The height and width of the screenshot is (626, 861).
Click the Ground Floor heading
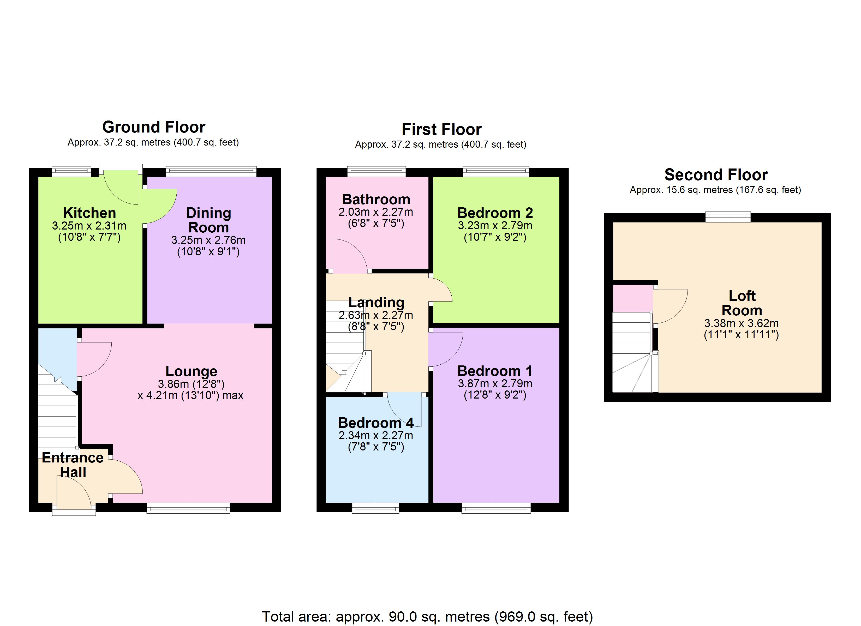pos(154,127)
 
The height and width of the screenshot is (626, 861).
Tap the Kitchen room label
pos(89,213)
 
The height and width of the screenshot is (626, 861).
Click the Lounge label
pos(191,371)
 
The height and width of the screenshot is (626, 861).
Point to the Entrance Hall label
pos(73,465)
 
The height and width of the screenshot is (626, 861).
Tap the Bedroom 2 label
pos(495,213)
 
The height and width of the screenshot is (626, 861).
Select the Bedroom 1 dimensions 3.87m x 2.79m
pos(495,383)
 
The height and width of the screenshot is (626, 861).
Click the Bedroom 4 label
pos(376,423)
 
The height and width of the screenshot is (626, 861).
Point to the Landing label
pos(376,302)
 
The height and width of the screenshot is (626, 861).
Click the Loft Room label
pos(742,303)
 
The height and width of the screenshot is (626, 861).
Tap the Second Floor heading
pos(716,174)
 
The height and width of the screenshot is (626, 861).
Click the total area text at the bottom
pos(427,617)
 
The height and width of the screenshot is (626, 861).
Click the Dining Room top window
pos(211,172)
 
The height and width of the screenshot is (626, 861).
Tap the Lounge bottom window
pos(188,508)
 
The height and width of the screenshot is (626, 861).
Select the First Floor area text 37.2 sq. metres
pos(440,145)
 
